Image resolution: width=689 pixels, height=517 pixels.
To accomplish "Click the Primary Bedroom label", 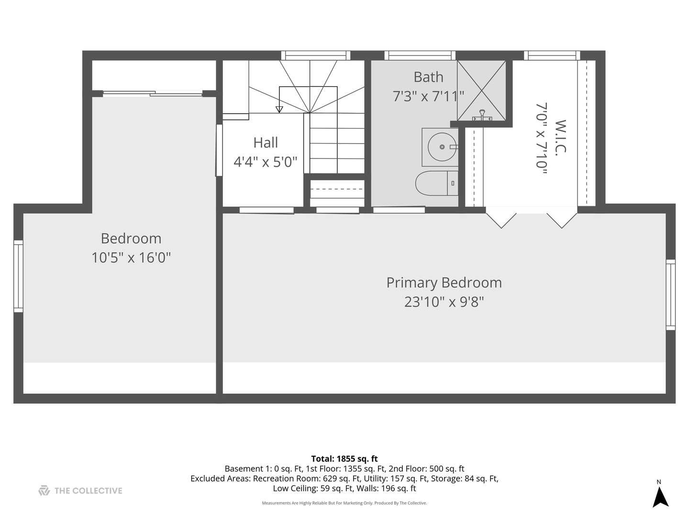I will pos(444,282).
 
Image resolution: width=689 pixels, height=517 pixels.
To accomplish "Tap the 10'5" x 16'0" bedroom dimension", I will pos(131,258).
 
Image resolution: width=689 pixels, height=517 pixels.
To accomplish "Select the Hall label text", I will pos(266,143).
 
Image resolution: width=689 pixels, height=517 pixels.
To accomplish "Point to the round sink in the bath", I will pos(442,146).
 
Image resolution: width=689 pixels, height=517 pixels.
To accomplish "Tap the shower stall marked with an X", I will pos(481,90).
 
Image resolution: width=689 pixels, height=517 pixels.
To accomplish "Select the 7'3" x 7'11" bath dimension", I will pos(428,96).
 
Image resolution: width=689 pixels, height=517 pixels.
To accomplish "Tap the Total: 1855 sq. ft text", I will pos(344,459).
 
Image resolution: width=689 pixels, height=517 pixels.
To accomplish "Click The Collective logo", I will pos(80,491).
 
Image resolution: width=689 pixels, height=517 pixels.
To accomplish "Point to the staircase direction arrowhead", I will pos(279,110).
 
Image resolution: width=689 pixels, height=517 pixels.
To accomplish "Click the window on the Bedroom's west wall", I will pos(18,276).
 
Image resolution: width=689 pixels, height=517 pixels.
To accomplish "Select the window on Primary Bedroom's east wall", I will pos(671,295).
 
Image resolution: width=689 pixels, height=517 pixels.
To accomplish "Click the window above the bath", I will pos(420,55).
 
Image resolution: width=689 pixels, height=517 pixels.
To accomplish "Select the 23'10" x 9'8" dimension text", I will pos(444,302).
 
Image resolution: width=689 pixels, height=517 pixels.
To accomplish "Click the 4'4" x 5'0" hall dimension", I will pos(266,162).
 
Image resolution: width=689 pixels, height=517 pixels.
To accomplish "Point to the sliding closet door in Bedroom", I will pos(153,93).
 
